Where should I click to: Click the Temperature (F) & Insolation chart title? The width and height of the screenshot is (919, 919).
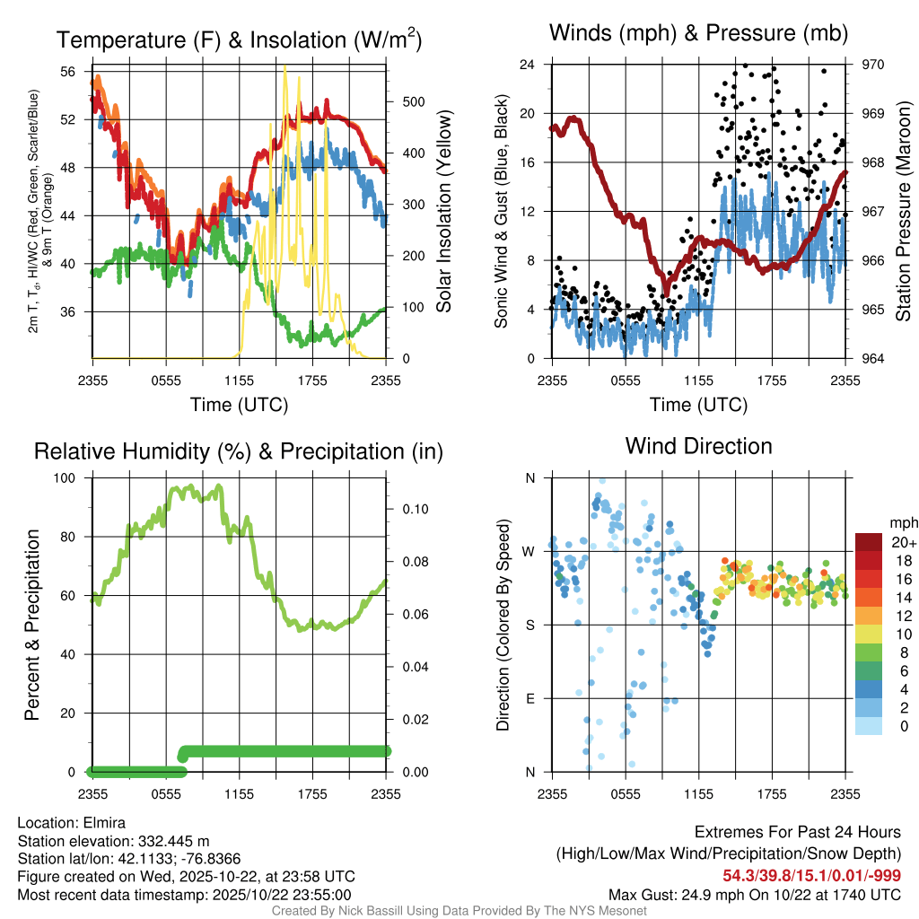pos(239,40)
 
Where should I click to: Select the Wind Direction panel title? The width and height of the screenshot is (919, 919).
pos(698,446)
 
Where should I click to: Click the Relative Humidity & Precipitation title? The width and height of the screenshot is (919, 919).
pos(239,451)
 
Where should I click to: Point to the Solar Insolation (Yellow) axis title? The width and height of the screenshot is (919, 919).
pos(443,212)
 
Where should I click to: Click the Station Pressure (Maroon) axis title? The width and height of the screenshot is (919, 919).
pos(903,212)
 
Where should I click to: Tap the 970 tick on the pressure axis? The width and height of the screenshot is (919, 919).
pos(873,65)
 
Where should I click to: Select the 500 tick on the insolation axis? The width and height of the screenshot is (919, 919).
pos(412,101)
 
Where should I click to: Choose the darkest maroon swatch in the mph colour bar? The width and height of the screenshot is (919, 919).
pos(869,542)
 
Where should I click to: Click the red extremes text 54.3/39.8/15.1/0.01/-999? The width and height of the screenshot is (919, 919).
pos(811,875)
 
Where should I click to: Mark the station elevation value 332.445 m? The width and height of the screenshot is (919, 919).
pos(173,841)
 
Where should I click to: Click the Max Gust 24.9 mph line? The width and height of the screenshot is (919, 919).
pos(754,895)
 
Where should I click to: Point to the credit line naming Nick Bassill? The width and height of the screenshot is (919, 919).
pos(459,911)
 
